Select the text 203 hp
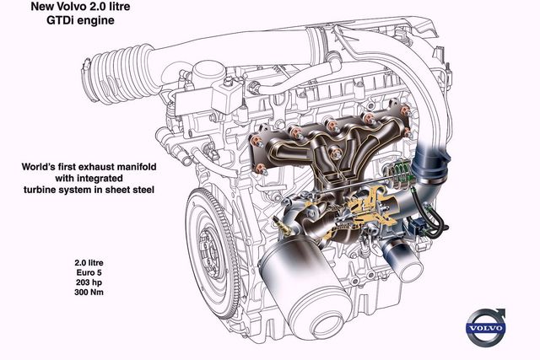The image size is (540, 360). tap(89, 282)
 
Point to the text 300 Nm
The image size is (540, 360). tap(89, 293)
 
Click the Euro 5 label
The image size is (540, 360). tap(89, 272)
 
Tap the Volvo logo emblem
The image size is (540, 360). tap(486, 327)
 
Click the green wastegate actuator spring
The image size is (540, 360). tap(402, 172)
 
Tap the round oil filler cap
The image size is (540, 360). tap(208, 70)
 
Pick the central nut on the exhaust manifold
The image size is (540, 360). tap(336, 152)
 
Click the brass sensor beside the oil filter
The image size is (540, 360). tap(283, 226)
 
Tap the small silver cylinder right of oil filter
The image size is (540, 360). tap(402, 260)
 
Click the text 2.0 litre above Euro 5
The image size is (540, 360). tap(89, 263)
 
